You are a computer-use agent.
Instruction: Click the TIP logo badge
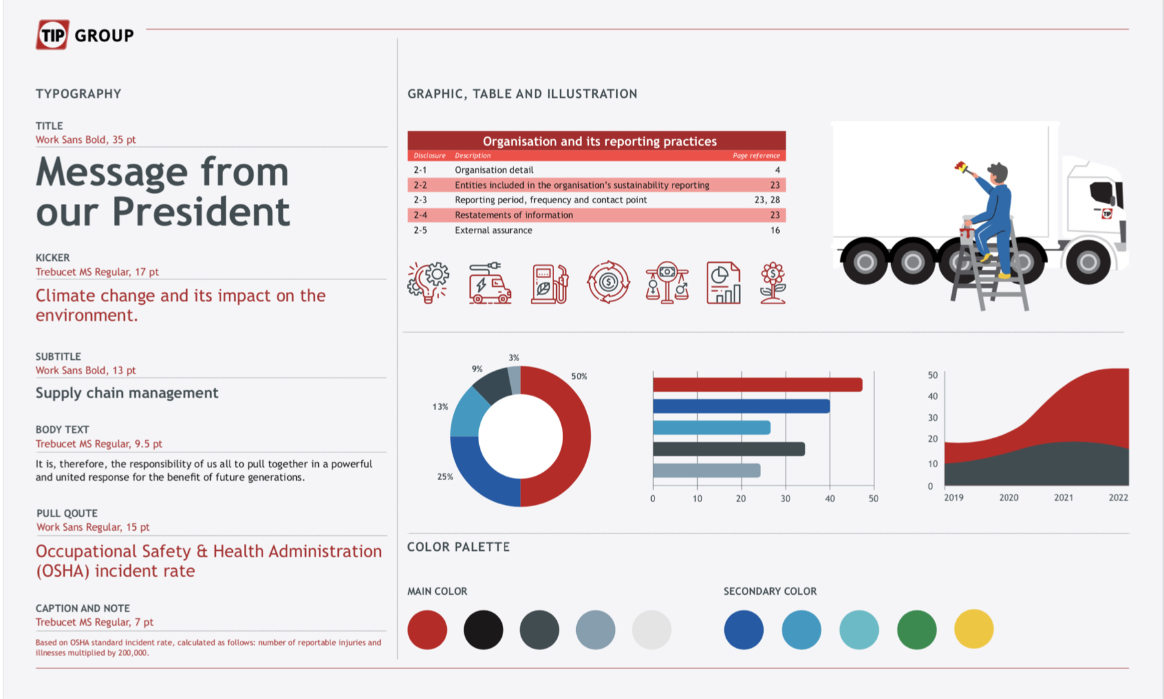click(52, 35)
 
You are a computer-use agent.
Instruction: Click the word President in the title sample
click(201, 212)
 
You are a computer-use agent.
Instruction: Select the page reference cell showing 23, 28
click(767, 200)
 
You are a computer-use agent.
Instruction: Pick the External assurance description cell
click(493, 230)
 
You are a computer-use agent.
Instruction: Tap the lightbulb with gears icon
click(428, 283)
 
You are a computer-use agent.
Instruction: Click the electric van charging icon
click(490, 283)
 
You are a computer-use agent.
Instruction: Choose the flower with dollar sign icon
click(773, 283)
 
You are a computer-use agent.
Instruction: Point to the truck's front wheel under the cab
click(1088, 261)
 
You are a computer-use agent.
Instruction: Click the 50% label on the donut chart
click(579, 377)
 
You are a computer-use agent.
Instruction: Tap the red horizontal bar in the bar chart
click(757, 385)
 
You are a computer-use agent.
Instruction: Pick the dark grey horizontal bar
click(729, 449)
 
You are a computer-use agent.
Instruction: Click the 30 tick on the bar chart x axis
click(785, 499)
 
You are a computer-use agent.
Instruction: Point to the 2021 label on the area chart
click(1063, 498)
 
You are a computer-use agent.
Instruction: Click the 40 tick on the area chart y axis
click(932, 396)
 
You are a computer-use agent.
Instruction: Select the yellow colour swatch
click(973, 629)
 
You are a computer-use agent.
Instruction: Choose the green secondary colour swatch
click(916, 629)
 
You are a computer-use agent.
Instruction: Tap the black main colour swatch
click(483, 629)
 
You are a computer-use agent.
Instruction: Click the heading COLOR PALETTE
click(458, 547)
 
